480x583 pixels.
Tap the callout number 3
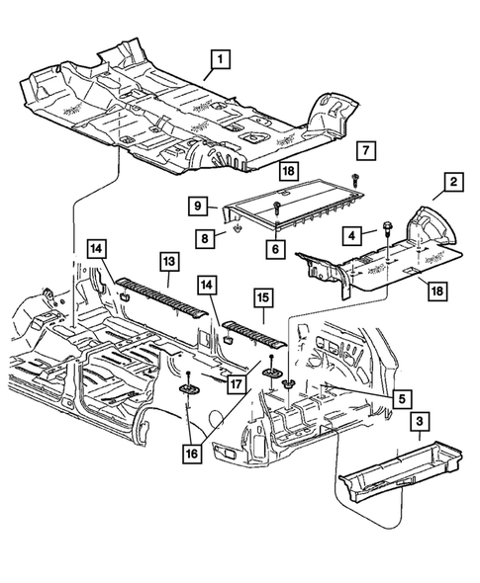click(421, 424)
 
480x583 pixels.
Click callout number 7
click(365, 150)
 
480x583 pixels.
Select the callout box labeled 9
click(199, 207)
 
